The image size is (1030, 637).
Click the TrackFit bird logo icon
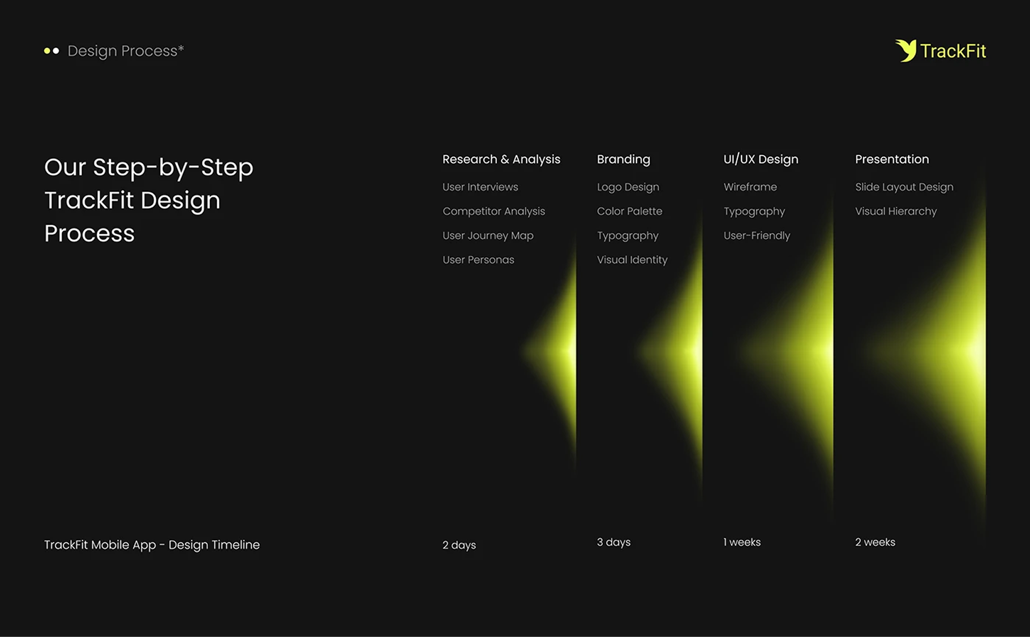pyautogui.click(x=906, y=50)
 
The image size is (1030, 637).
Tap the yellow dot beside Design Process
pyautogui.click(x=47, y=51)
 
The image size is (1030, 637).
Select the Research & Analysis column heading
pyautogui.click(x=501, y=159)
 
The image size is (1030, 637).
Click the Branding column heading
pyautogui.click(x=624, y=159)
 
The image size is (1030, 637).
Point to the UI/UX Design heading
pyautogui.click(x=761, y=159)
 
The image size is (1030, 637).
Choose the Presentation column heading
pyautogui.click(x=892, y=159)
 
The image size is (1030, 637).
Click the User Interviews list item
pyautogui.click(x=480, y=187)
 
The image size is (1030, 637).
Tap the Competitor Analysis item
pyautogui.click(x=494, y=211)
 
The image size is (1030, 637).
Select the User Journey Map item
pyautogui.click(x=488, y=235)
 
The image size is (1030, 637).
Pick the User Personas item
pyautogui.click(x=478, y=260)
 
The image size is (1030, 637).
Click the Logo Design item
pyautogui.click(x=628, y=187)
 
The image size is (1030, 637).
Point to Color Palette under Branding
pyautogui.click(x=629, y=211)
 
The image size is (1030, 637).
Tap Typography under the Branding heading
pyautogui.click(x=628, y=236)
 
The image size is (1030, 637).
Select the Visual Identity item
pyautogui.click(x=632, y=260)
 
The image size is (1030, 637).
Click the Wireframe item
pyautogui.click(x=750, y=187)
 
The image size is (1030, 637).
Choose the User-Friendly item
pyautogui.click(x=757, y=235)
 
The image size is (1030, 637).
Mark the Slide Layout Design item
pyautogui.click(x=904, y=187)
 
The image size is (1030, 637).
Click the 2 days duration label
pyautogui.click(x=459, y=545)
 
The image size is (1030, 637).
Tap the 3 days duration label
pyautogui.click(x=613, y=542)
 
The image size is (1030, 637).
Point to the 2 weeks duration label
pyautogui.click(x=875, y=542)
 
